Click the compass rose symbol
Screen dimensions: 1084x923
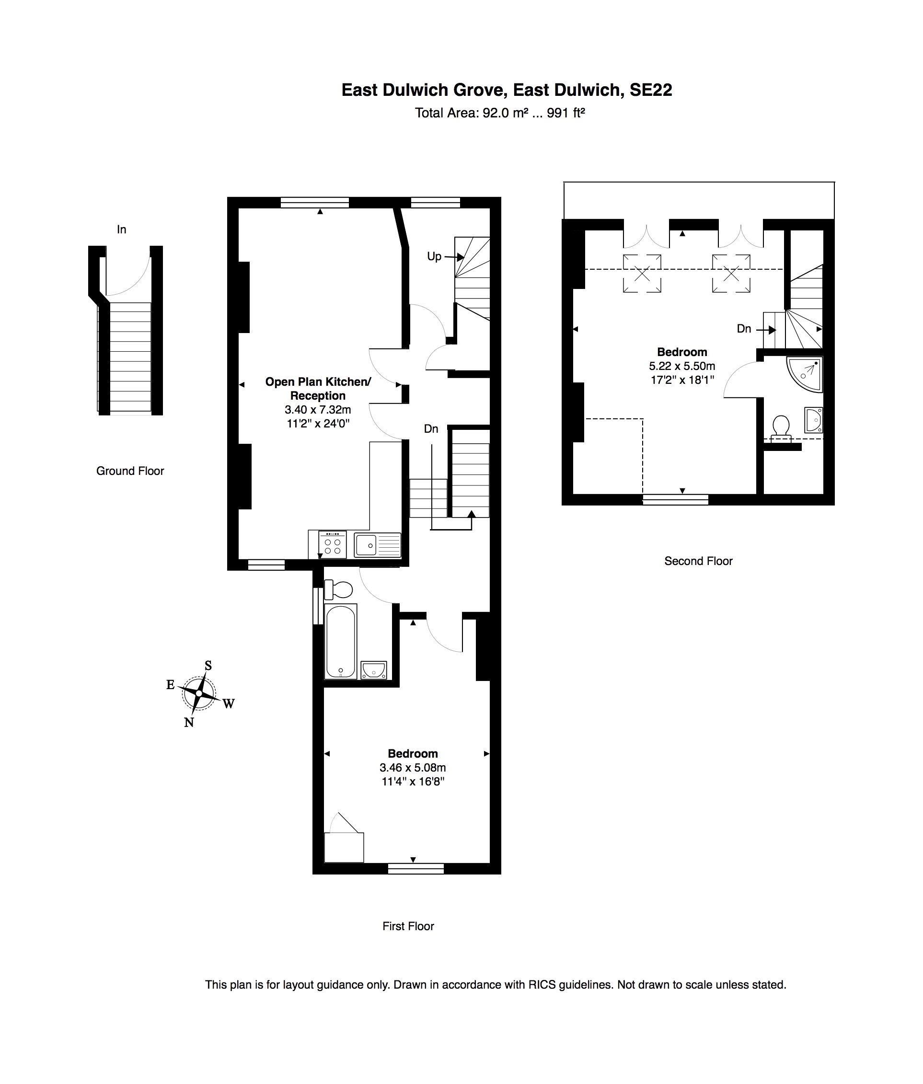click(x=199, y=693)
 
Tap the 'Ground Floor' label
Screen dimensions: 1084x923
click(x=130, y=471)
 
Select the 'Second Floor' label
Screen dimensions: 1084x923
click(x=698, y=561)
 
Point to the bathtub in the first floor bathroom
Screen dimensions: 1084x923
click(x=341, y=641)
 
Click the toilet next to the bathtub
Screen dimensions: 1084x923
click(x=338, y=589)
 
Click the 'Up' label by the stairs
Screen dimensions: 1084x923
click(x=434, y=256)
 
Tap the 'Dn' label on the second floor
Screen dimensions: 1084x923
click(x=744, y=329)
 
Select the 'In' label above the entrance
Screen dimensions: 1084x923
click(x=121, y=229)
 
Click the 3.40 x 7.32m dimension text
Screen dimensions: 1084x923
click(x=318, y=410)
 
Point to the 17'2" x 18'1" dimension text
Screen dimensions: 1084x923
click(x=682, y=380)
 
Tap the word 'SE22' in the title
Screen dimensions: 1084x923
click(x=650, y=90)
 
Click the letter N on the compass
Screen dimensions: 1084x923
click(x=189, y=723)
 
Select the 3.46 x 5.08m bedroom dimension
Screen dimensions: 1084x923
click(x=412, y=768)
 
